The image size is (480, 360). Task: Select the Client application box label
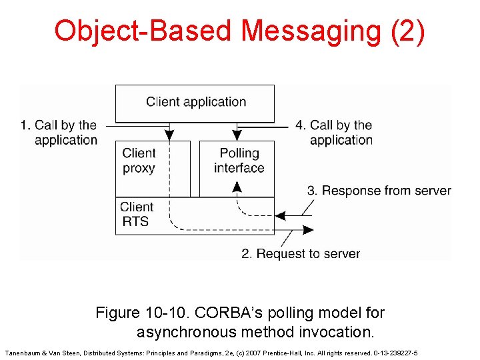pyautogui.click(x=196, y=102)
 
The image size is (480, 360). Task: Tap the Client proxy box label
pyautogui.click(x=139, y=161)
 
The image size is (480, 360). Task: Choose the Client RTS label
pyautogui.click(x=136, y=214)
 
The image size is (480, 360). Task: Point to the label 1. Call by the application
pyautogui.click(x=59, y=132)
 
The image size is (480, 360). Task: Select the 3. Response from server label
pyautogui.click(x=379, y=191)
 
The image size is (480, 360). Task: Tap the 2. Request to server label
pyautogui.click(x=301, y=253)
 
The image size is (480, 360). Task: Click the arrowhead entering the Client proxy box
pyautogui.click(x=169, y=135)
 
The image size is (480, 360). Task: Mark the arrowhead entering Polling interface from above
pyautogui.click(x=237, y=135)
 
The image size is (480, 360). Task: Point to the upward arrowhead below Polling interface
pyautogui.click(x=237, y=187)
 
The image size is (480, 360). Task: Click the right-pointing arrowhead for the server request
pyautogui.click(x=308, y=230)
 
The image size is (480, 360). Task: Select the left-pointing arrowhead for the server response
pyautogui.click(x=281, y=216)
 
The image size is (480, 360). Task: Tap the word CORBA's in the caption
pyautogui.click(x=220, y=313)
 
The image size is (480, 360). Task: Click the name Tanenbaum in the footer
pyautogui.click(x=23, y=352)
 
